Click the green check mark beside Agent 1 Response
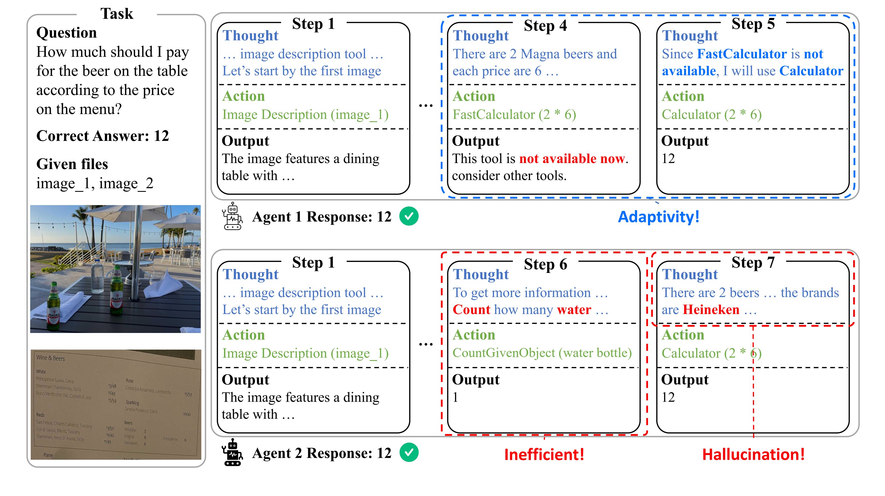point(409,216)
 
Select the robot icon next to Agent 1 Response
point(233,216)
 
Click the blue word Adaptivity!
point(658,217)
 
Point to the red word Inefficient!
point(544,454)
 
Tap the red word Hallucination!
point(753,454)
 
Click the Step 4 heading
point(545,25)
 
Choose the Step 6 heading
point(545,264)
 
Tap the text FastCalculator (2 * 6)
point(514,114)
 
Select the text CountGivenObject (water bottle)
point(542,353)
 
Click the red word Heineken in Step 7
point(711,310)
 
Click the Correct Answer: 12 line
point(102,136)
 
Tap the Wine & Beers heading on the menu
point(50,358)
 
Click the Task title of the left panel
point(117,14)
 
